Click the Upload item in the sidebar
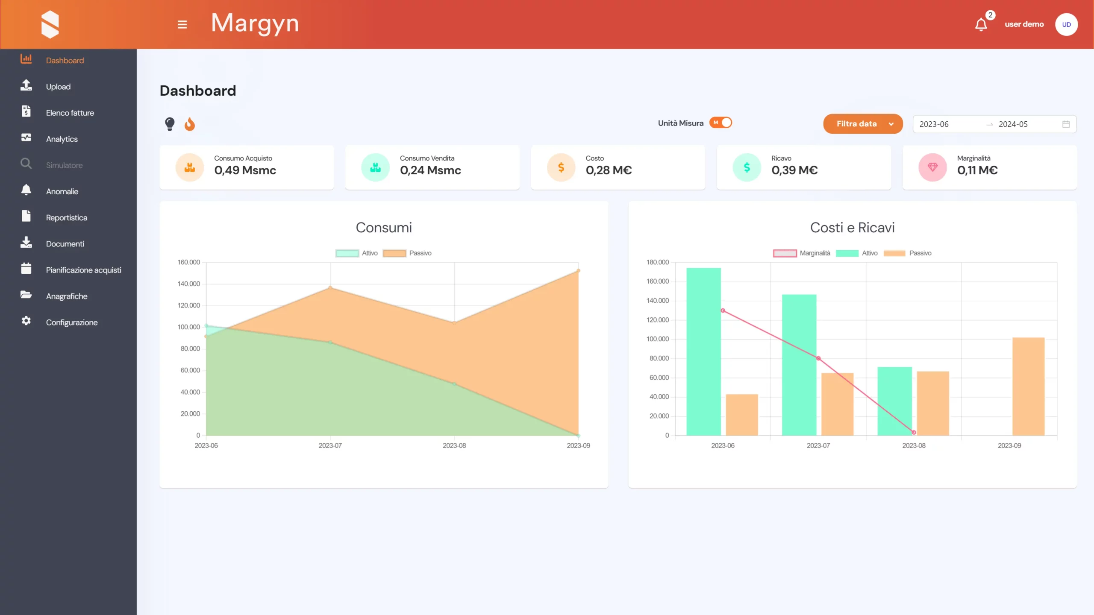(x=58, y=87)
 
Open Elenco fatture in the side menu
(x=70, y=113)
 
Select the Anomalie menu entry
(x=62, y=191)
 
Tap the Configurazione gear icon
(x=26, y=321)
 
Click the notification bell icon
(x=981, y=25)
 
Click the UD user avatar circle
(x=1066, y=24)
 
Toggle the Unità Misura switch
(x=721, y=123)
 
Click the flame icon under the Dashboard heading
(x=190, y=124)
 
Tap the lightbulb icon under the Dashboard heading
(x=170, y=124)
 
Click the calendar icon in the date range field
(x=1066, y=124)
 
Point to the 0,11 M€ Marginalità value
(x=977, y=170)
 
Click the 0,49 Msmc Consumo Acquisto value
(x=245, y=170)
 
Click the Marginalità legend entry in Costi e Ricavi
(x=802, y=253)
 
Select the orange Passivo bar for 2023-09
(x=1028, y=387)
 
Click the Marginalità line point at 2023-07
(x=818, y=358)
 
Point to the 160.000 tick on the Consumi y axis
(x=188, y=262)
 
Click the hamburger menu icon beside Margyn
(x=182, y=25)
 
